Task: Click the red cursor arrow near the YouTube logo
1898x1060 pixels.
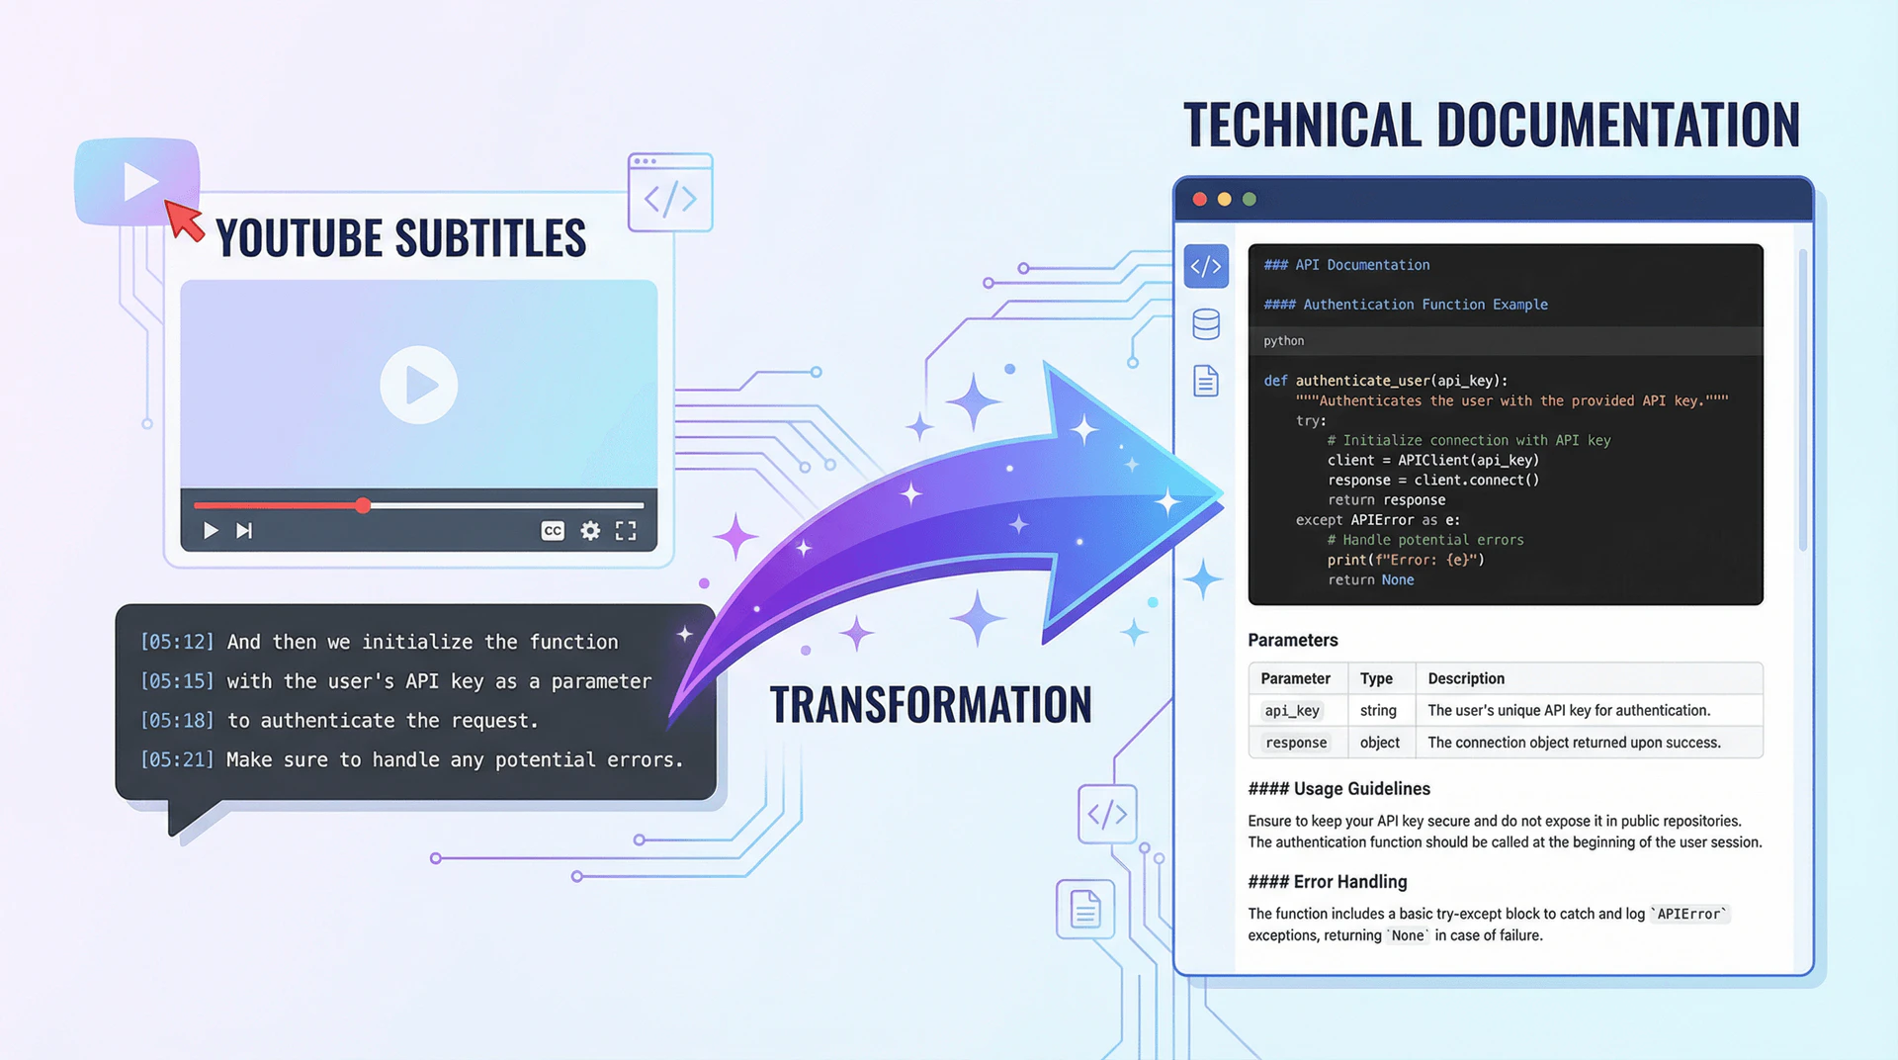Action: [183, 220]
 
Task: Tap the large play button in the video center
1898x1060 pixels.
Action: [419, 385]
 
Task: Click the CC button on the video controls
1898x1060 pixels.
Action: [553, 531]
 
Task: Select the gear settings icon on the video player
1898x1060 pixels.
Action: [590, 531]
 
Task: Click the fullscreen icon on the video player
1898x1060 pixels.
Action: [626, 531]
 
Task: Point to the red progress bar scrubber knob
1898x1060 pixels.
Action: [364, 505]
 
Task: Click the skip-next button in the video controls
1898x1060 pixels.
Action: [244, 531]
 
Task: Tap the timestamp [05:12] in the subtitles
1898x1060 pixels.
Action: [177, 642]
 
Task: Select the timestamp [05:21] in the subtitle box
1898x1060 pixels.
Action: [177, 759]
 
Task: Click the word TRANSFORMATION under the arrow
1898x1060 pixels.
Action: [930, 705]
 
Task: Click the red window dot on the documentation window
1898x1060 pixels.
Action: [1199, 199]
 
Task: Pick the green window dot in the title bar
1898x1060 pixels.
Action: [1250, 199]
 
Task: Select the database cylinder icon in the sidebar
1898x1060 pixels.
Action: [1206, 324]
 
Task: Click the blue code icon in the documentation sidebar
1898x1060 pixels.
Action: [1206, 266]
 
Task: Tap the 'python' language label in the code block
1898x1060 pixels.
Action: [1283, 341]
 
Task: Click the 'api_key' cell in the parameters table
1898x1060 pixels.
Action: [1292, 710]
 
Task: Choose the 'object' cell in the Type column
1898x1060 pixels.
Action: [1380, 743]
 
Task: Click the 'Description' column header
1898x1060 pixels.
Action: [1466, 678]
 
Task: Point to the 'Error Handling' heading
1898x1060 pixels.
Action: [1328, 882]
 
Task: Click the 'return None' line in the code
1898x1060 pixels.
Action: [1370, 580]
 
